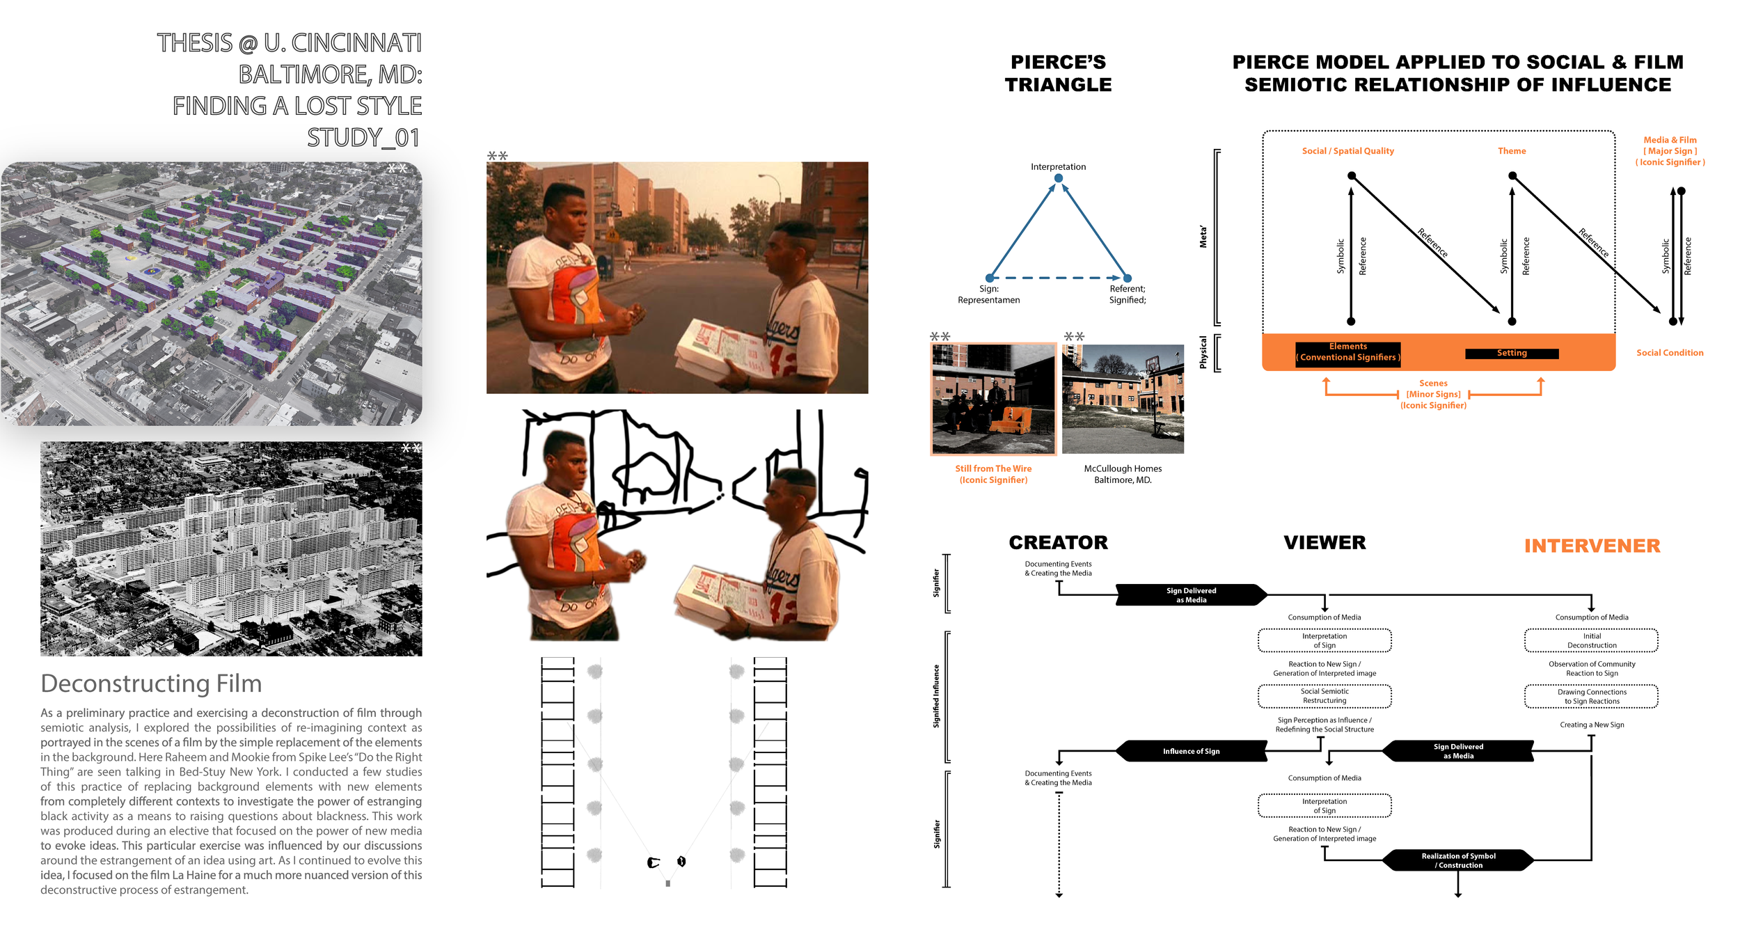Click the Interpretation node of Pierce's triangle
click(x=1058, y=178)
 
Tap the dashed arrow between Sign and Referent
click(x=1058, y=278)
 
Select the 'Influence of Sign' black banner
click(x=1191, y=751)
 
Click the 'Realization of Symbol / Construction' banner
click(x=1458, y=860)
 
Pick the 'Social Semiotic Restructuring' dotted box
click(x=1324, y=696)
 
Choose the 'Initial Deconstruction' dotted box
click(x=1591, y=640)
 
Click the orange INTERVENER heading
click(x=1592, y=546)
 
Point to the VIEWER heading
click(x=1324, y=542)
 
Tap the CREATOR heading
click(x=1058, y=542)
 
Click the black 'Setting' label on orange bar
click(x=1512, y=354)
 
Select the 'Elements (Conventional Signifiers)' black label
click(x=1347, y=352)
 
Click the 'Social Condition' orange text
click(x=1669, y=353)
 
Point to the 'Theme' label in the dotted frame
click(x=1512, y=151)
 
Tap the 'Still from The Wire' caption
click(x=993, y=474)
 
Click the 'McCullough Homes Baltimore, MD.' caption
click(x=1123, y=474)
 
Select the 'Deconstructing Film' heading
click(x=151, y=684)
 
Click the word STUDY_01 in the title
click(x=363, y=137)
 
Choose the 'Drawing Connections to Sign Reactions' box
click(x=1591, y=697)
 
